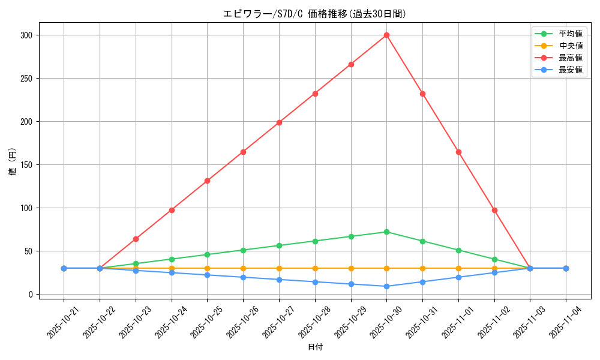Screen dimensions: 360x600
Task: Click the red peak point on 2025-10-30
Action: point(386,35)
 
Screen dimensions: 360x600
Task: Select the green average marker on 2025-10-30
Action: point(386,232)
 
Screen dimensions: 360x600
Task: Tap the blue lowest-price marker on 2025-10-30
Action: point(386,286)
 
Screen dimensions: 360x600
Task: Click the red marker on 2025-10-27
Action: point(279,122)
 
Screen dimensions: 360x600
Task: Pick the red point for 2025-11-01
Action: point(458,152)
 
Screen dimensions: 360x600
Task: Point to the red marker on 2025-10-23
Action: point(136,239)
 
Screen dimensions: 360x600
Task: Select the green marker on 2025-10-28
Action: point(315,241)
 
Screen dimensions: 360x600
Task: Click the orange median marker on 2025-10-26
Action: point(243,268)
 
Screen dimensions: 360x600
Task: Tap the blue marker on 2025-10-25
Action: point(207,275)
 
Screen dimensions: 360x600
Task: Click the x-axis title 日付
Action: point(315,347)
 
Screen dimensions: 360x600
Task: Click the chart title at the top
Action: point(315,14)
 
